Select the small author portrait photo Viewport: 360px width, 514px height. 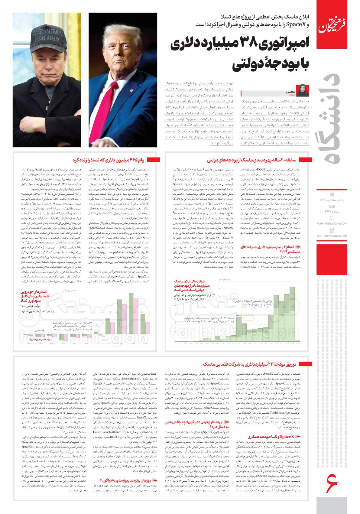[303, 89]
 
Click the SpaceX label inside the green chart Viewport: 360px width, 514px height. [207, 340]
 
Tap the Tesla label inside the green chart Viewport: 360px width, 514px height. [239, 315]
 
